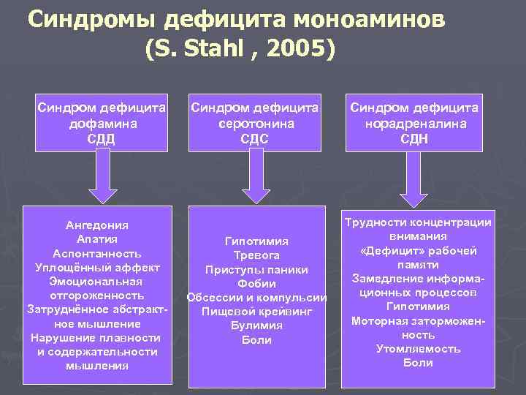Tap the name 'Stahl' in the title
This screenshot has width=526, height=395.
coord(207,49)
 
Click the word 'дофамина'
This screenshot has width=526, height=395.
coord(102,124)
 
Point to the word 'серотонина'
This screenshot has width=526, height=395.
coord(256,124)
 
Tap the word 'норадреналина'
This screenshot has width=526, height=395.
coord(414,124)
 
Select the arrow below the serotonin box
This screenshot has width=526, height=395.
coord(256,178)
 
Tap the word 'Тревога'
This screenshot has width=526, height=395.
coord(256,256)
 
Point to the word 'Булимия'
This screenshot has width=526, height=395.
coord(256,326)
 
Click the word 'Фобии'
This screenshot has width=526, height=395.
coord(256,284)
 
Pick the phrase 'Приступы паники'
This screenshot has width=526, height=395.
coord(256,270)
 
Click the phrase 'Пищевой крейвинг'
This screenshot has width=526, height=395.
coord(256,312)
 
